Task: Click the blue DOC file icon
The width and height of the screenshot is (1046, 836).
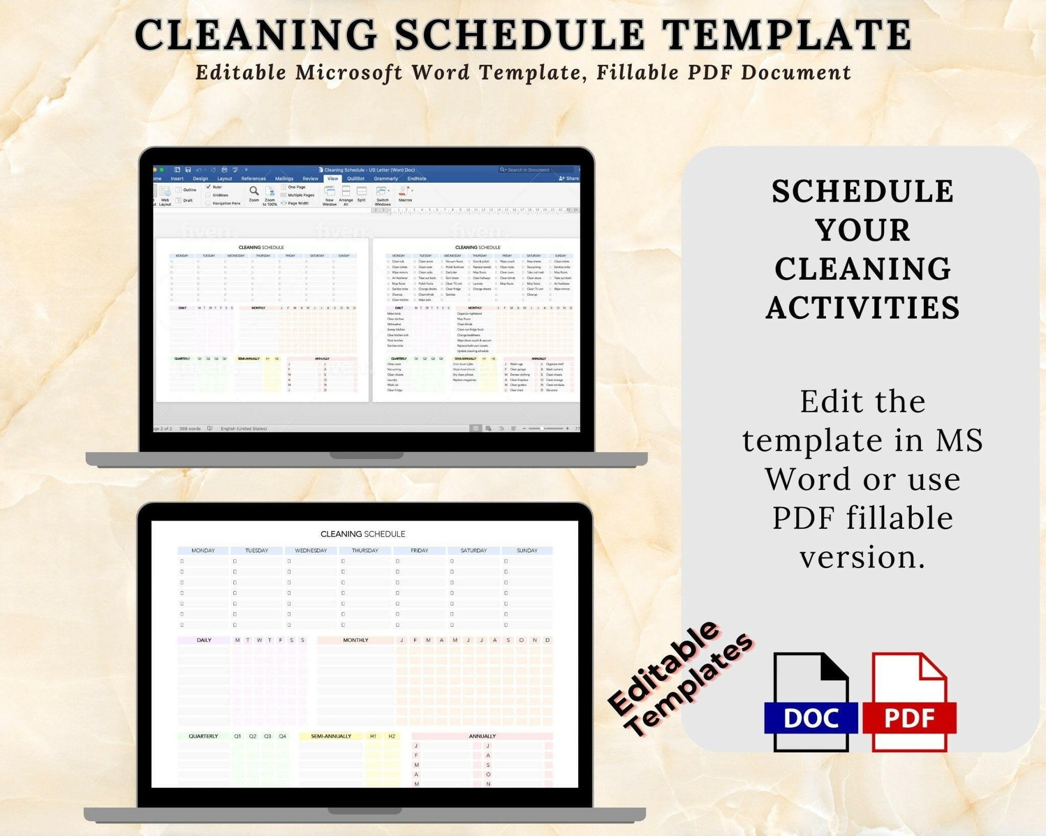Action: (x=811, y=703)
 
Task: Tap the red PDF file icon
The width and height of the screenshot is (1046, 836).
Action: (x=910, y=703)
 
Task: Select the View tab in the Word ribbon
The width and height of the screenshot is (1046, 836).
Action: (x=332, y=179)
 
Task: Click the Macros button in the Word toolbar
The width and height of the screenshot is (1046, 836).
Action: (x=405, y=194)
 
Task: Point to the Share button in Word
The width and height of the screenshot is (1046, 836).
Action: (x=569, y=179)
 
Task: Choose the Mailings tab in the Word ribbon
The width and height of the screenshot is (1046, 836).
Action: (x=284, y=179)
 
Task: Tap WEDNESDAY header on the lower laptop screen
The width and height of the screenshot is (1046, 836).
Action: (x=311, y=551)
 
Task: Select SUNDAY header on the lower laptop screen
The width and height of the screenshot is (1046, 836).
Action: (x=527, y=551)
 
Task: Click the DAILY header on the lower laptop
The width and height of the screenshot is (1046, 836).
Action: (x=204, y=640)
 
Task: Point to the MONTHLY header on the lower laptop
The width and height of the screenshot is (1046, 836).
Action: (x=355, y=640)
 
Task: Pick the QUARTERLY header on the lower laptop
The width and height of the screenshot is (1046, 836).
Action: (x=203, y=736)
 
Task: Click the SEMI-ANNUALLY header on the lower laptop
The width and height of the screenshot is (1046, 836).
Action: (x=331, y=736)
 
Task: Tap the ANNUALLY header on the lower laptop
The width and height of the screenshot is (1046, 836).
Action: (x=482, y=736)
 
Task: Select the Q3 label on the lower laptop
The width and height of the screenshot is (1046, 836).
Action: (x=268, y=736)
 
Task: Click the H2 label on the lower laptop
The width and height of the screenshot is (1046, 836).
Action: (x=392, y=736)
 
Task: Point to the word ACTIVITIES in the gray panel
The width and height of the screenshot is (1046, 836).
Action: (x=863, y=308)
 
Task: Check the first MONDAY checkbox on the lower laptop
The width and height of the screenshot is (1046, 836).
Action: (x=182, y=561)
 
